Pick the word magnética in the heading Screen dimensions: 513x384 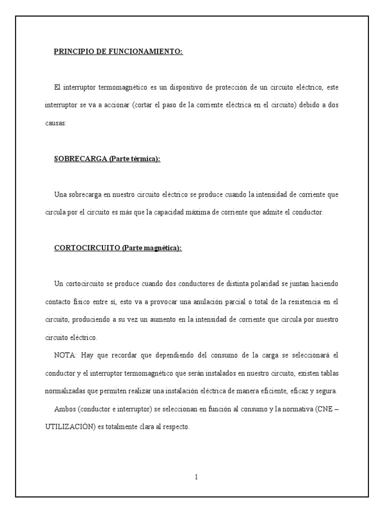[161, 248]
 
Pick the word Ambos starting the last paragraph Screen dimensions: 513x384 [64, 409]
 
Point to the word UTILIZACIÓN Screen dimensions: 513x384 [68, 427]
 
